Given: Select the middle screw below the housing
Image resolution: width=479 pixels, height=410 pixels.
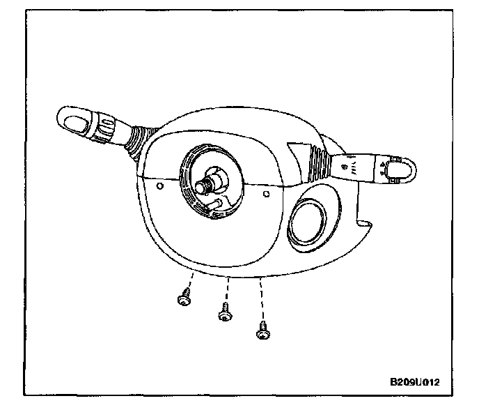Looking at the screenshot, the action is tap(224, 314).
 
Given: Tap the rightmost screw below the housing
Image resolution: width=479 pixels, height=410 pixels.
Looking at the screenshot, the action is tap(263, 333).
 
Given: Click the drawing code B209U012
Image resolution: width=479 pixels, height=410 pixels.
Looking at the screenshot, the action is tap(415, 382).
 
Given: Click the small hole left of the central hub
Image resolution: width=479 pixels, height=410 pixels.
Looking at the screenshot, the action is tap(161, 186).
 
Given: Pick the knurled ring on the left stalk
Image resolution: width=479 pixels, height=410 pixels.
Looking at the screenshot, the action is tap(107, 128).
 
